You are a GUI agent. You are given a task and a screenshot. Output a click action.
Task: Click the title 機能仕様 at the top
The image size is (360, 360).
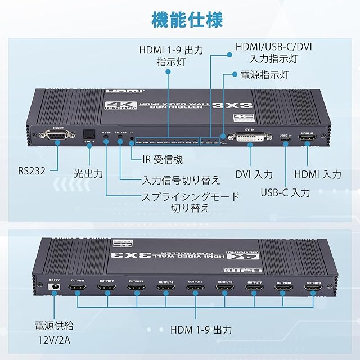(x=179, y=19)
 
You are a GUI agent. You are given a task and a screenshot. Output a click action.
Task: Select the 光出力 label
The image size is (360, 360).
(x=89, y=173)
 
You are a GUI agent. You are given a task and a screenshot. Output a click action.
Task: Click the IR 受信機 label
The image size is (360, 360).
(x=161, y=159)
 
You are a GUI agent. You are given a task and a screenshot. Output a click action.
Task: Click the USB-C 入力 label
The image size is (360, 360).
(x=285, y=192)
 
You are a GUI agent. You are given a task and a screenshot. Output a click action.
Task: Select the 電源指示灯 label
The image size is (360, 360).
(x=264, y=74)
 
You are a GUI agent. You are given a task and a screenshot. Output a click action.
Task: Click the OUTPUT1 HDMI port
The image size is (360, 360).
(x=76, y=291)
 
